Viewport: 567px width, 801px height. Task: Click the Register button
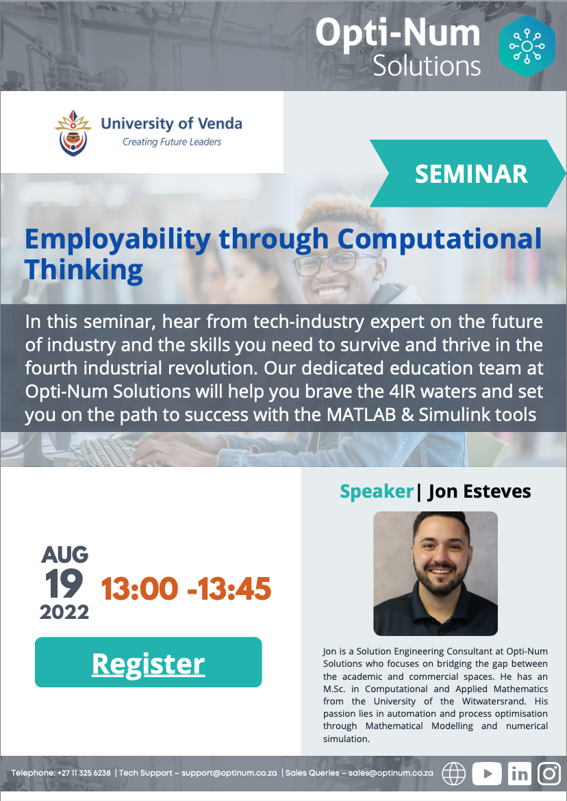click(148, 662)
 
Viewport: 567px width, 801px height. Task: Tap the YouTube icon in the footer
click(486, 774)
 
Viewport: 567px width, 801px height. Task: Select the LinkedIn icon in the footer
click(520, 774)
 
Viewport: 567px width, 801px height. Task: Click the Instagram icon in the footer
click(549, 774)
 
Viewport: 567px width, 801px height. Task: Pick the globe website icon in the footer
click(453, 774)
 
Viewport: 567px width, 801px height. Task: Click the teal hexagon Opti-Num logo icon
click(527, 46)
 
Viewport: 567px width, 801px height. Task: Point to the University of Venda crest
click(73, 133)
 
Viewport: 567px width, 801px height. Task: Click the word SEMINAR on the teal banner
click(471, 174)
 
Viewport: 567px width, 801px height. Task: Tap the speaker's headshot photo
click(436, 574)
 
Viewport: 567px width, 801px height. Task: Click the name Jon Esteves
click(479, 492)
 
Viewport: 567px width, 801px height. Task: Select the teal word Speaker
click(377, 492)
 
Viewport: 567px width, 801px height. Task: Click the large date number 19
click(64, 583)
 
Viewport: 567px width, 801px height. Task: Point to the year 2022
click(64, 612)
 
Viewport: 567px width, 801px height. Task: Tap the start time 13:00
click(140, 589)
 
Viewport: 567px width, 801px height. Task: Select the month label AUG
click(65, 555)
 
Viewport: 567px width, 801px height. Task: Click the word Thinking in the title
click(84, 270)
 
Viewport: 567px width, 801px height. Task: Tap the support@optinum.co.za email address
click(229, 773)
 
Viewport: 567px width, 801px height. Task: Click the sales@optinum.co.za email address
click(391, 773)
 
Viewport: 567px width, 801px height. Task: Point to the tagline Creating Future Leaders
click(172, 142)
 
